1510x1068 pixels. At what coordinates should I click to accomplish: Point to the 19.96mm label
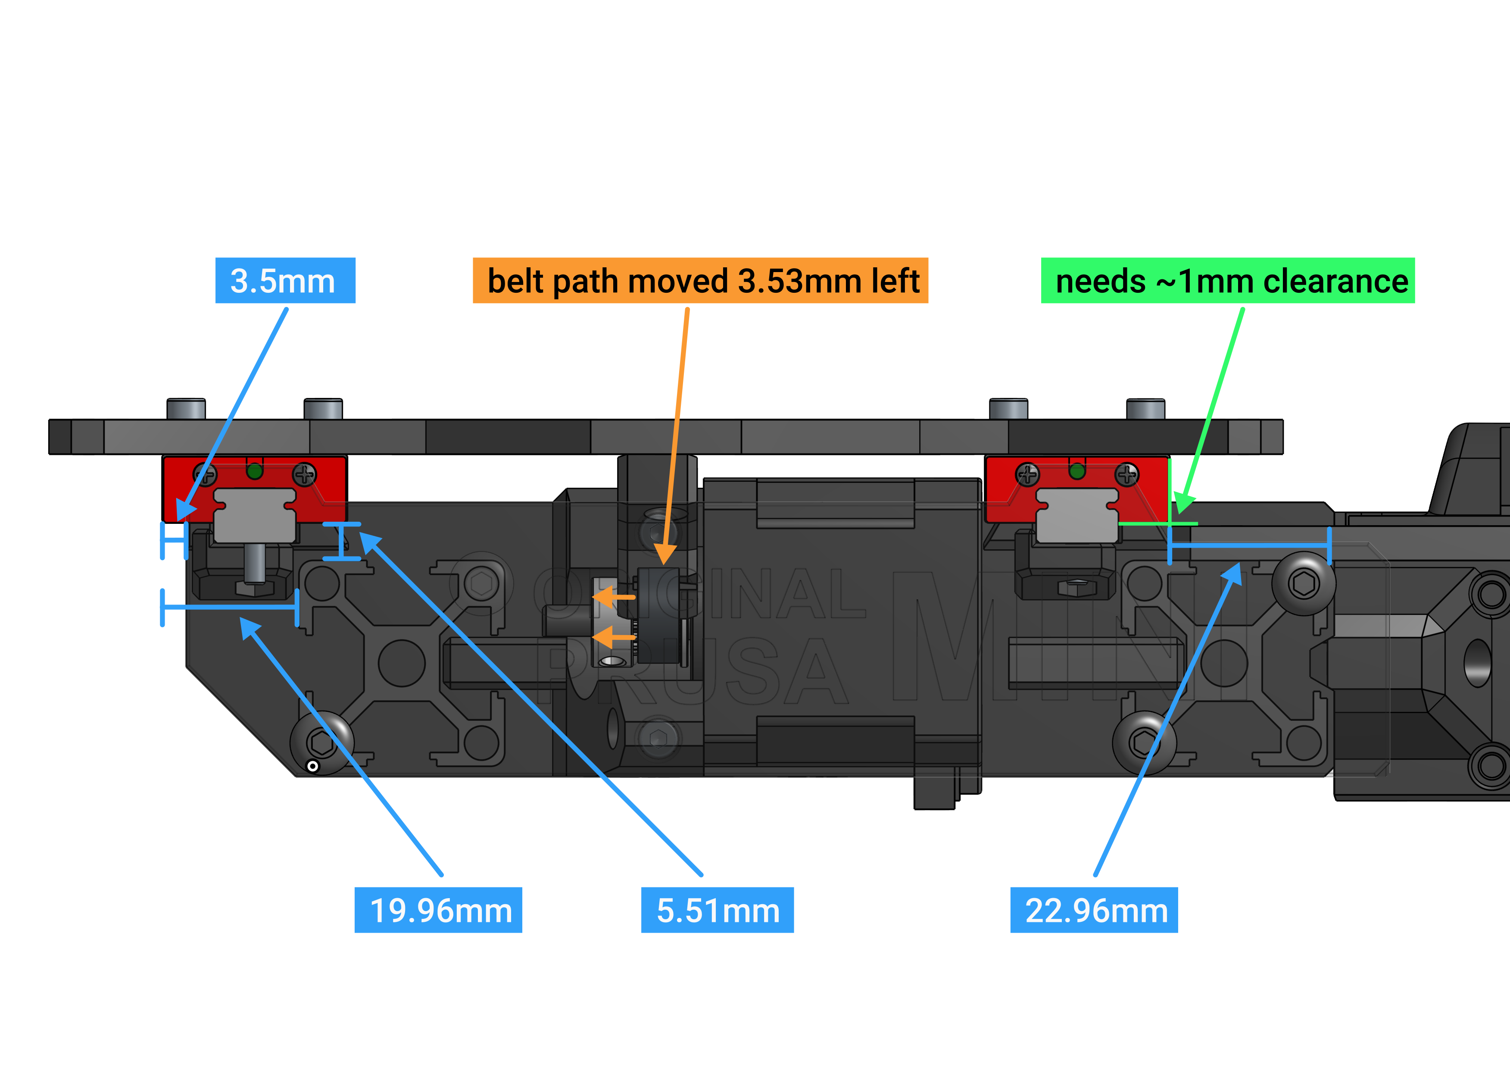tap(438, 910)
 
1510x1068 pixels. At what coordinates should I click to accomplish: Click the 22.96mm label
tap(1094, 910)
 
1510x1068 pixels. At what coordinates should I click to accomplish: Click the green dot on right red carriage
tap(1076, 471)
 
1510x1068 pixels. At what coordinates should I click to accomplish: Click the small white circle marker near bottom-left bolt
tap(313, 766)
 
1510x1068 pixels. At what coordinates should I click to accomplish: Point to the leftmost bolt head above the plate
tap(186, 409)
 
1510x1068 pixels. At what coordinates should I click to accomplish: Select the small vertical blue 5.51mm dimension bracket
tap(341, 542)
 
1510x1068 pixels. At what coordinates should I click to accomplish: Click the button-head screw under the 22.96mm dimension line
tap(1304, 583)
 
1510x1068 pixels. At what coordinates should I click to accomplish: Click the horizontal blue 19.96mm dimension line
tap(230, 607)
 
